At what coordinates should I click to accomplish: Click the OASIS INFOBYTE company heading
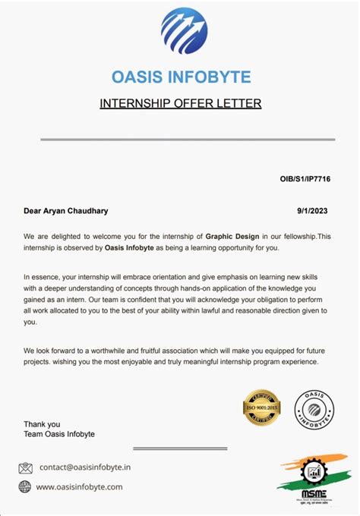click(180, 77)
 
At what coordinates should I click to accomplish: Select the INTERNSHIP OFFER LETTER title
click(180, 103)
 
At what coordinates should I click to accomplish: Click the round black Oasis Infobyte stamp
click(313, 410)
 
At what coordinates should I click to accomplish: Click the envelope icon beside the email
click(25, 467)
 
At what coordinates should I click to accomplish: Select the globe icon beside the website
click(25, 486)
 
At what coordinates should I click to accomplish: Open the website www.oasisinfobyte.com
click(79, 487)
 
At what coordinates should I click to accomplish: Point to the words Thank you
click(39, 423)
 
